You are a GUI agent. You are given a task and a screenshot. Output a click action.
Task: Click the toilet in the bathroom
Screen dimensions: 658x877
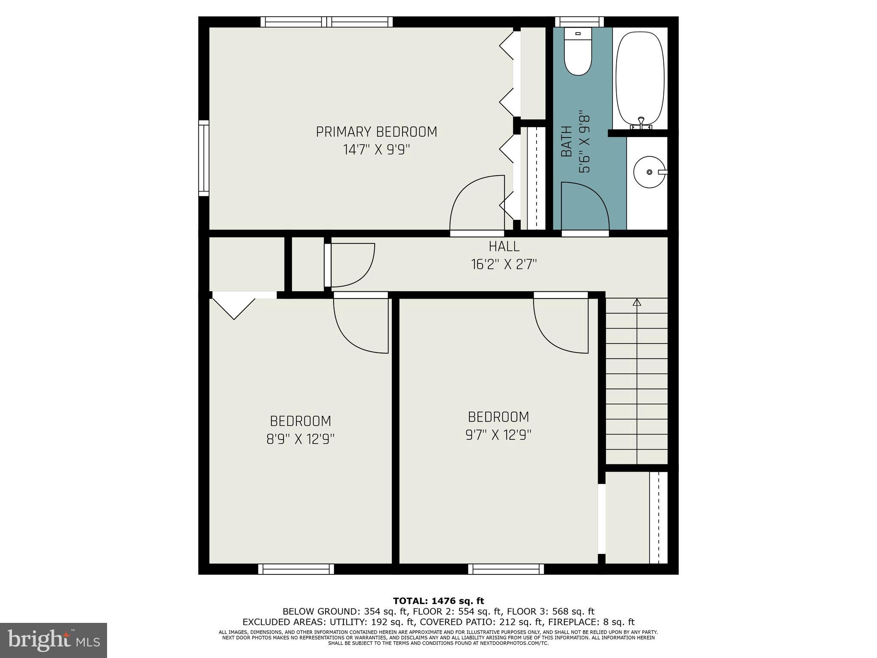[578, 54]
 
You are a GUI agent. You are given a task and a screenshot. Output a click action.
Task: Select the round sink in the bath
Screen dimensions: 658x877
[649, 172]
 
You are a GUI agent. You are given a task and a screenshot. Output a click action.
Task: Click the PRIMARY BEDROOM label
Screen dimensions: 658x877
[376, 132]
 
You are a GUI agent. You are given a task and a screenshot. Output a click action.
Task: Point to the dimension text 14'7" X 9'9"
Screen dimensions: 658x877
[376, 150]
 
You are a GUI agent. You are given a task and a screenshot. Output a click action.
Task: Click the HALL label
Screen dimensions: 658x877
[504, 246]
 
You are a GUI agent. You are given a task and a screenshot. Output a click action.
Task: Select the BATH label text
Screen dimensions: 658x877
[567, 142]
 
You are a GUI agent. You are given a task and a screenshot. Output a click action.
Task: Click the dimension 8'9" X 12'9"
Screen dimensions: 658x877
[300, 440]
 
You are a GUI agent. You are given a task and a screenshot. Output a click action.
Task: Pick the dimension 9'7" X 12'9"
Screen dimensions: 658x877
[498, 435]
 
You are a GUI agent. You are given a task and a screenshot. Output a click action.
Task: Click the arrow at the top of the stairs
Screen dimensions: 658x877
[637, 302]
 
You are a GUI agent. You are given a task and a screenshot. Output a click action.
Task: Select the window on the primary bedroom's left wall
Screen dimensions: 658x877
[204, 158]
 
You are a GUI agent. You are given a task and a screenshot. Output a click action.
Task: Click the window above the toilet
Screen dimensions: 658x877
[579, 22]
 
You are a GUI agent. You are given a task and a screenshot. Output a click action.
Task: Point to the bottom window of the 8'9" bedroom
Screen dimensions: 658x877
[296, 569]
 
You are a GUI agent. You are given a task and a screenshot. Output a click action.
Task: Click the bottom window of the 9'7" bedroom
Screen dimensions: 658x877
[506, 569]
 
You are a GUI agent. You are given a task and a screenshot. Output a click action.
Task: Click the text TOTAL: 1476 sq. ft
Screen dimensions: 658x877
[438, 601]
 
